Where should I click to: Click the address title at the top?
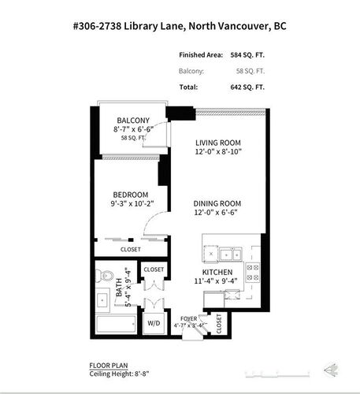pos(179,26)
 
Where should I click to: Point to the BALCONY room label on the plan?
pos(133,120)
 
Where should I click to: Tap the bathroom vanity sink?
pos(103,300)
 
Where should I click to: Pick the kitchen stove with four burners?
pos(254,273)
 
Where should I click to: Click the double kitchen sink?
pos(230,254)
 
